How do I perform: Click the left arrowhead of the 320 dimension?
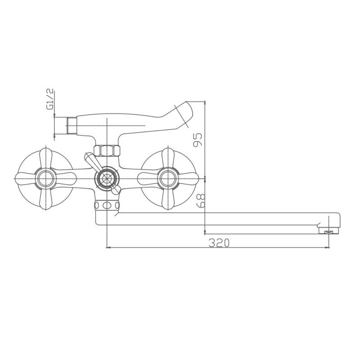[108, 247]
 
